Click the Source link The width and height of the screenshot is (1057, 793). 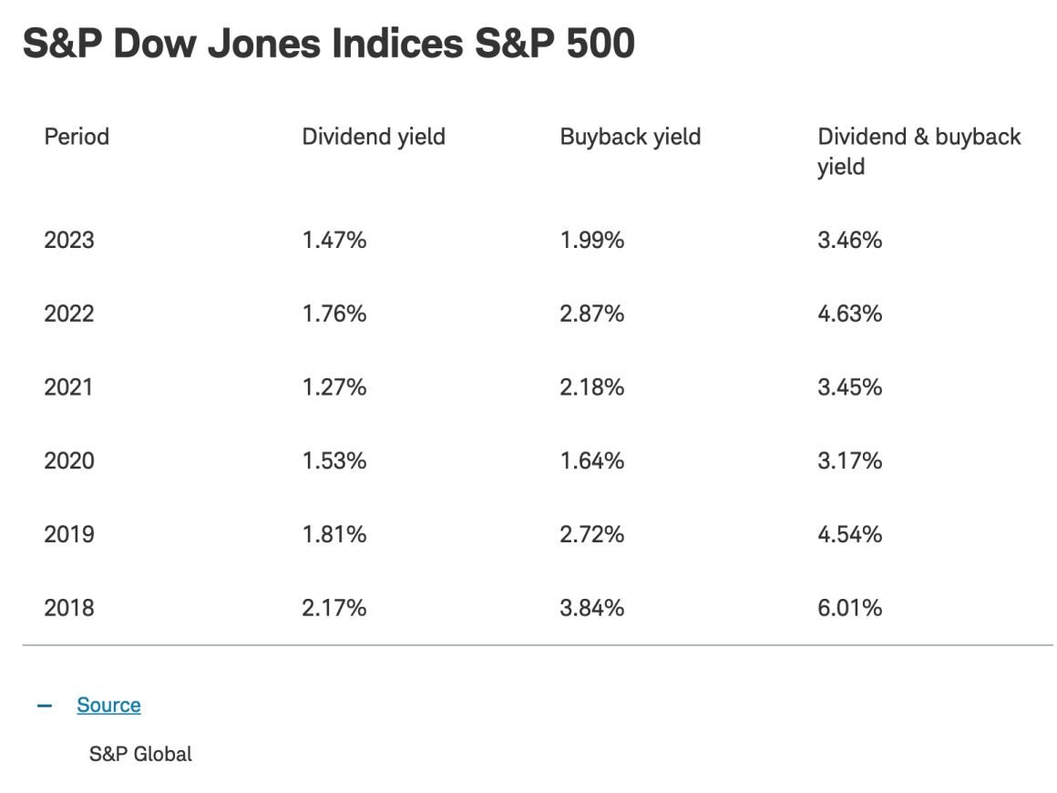pos(108,705)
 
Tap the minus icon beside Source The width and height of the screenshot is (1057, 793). pos(45,705)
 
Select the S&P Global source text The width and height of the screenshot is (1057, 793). pos(140,754)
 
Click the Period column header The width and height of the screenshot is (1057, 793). pos(77,137)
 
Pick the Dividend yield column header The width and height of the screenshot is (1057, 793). pos(374,137)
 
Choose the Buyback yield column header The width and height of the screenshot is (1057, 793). pos(631,137)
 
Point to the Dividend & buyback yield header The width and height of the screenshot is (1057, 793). pos(918,151)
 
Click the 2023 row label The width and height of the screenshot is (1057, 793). pos(69,241)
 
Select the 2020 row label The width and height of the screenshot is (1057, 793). pos(69,461)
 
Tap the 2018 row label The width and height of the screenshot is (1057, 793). pos(69,608)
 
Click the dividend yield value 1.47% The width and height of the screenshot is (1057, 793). pos(334,241)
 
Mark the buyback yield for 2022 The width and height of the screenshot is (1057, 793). pos(592,314)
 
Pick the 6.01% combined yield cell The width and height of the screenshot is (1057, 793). pos(850,608)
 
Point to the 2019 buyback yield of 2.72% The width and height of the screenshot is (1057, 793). pos(592,534)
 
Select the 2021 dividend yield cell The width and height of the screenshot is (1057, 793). pos(334,387)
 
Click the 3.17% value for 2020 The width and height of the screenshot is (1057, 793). pos(850,461)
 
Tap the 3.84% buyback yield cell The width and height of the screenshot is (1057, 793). pos(592,608)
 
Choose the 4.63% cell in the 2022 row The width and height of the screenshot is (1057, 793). pos(850,314)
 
